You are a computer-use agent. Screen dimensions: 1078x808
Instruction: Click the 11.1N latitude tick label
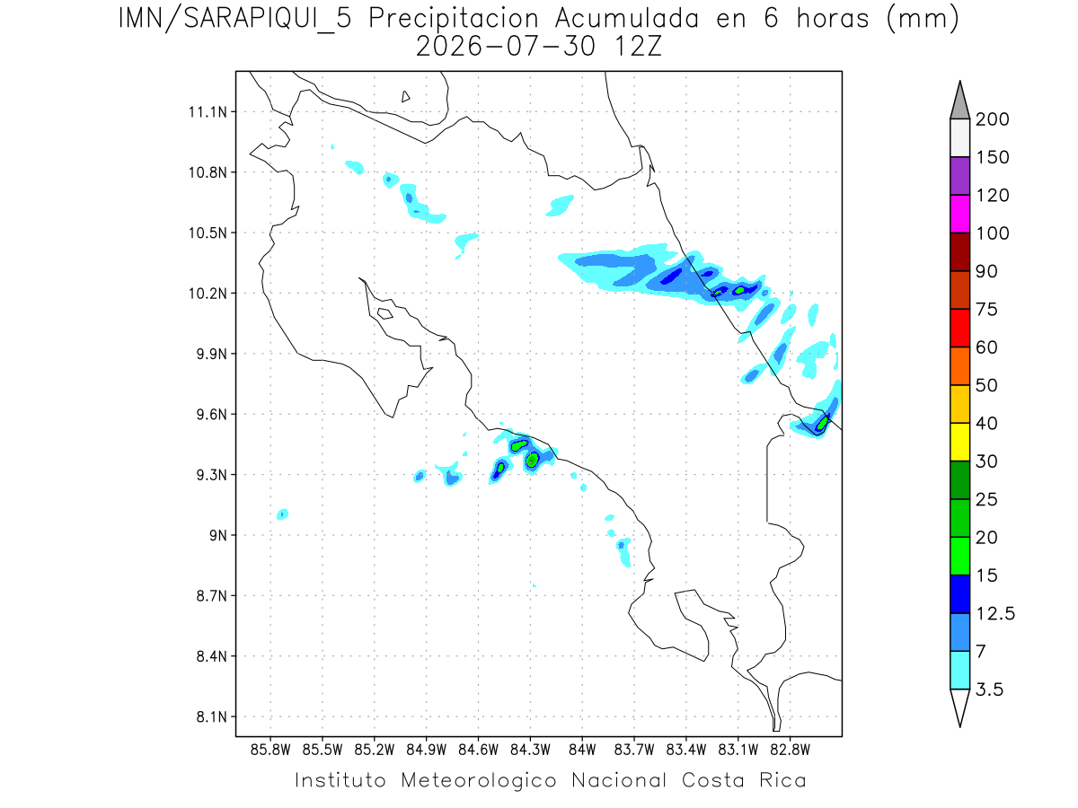coord(208,112)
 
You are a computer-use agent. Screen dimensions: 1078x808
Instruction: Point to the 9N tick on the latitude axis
coord(217,535)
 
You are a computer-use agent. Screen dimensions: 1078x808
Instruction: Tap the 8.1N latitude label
coord(211,716)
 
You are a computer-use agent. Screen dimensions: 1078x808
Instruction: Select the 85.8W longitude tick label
coord(270,750)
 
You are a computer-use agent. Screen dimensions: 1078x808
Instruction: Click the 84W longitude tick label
coord(582,750)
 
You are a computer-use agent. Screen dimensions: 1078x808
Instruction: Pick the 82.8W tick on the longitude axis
coord(790,750)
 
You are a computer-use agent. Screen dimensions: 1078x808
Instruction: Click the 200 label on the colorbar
coord(992,119)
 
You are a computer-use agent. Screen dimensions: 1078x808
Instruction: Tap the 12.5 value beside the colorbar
coord(995,613)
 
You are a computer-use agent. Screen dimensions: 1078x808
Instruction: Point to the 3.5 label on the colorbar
coord(989,689)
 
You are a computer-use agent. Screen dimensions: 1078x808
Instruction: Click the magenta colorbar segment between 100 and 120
coord(959,214)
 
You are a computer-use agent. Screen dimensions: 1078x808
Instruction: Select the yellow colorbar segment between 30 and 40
coord(959,442)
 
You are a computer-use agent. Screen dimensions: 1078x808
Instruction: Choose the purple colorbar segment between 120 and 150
coord(959,176)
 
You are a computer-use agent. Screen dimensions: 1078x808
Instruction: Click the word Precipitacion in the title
coord(454,19)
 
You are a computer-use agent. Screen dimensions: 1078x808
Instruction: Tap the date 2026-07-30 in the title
coord(506,47)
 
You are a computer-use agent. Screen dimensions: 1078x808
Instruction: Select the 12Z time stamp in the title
coord(638,47)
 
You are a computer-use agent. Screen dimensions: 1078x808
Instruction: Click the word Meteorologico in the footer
coord(478,780)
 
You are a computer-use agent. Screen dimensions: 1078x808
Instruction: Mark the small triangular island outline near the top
coord(405,97)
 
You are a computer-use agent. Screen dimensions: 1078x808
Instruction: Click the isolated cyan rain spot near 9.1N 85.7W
coord(282,514)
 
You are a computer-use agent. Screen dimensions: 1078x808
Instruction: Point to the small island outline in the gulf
coord(385,313)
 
